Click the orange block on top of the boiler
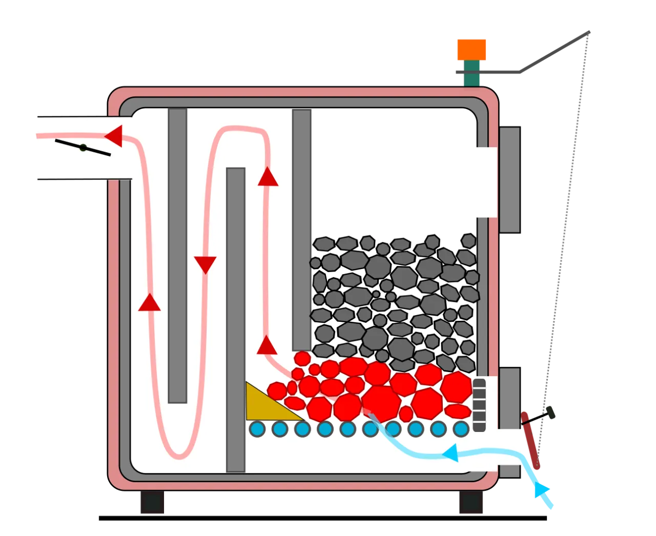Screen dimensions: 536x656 pyautogui.click(x=471, y=49)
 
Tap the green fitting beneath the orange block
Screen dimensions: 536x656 pyautogui.click(x=472, y=73)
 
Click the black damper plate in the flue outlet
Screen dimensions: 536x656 pyautogui.click(x=83, y=148)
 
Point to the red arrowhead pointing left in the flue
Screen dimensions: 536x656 pyautogui.click(x=114, y=136)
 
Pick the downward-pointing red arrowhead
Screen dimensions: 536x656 pyautogui.click(x=206, y=264)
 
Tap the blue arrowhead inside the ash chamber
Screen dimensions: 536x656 pyautogui.click(x=450, y=453)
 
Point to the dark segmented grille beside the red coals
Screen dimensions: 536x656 pyautogui.click(x=479, y=405)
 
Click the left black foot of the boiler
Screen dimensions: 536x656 pyautogui.click(x=153, y=502)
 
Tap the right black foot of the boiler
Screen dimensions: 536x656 pyautogui.click(x=469, y=502)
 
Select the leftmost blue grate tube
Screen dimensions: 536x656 pyautogui.click(x=257, y=428)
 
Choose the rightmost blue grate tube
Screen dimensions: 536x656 pyautogui.click(x=461, y=428)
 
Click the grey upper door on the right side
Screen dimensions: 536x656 pyautogui.click(x=509, y=179)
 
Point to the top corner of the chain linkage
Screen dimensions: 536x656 pyautogui.click(x=589, y=33)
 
